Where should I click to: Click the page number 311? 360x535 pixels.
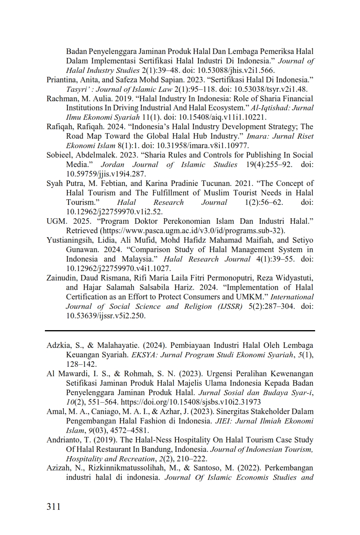(x=54, y=506)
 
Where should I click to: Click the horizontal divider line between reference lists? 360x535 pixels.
(x=180, y=330)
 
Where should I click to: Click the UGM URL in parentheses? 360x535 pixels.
(x=193, y=231)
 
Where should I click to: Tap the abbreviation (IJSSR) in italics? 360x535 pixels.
(x=230, y=307)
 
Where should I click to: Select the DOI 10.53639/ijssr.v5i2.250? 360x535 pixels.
(x=106, y=316)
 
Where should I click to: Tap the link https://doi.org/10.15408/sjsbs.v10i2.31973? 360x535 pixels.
(x=191, y=402)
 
